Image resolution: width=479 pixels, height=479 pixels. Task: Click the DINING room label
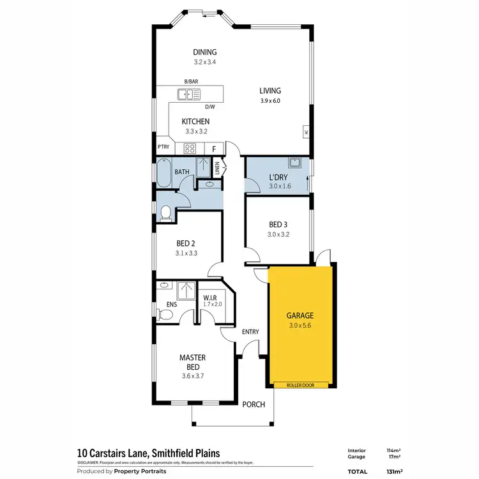[205, 52]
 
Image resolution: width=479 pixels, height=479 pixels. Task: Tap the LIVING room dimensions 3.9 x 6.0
[270, 101]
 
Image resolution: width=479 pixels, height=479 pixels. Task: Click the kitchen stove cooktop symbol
[190, 148]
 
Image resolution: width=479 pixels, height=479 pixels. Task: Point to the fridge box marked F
[214, 148]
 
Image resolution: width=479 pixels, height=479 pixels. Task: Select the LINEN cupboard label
[218, 169]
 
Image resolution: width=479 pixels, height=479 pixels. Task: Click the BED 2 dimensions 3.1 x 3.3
[186, 253]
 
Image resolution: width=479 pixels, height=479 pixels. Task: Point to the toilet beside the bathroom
[165, 212]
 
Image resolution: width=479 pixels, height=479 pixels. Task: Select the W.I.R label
[211, 297]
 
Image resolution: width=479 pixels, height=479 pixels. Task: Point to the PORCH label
[254, 403]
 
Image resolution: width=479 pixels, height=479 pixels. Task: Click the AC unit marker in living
[306, 133]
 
